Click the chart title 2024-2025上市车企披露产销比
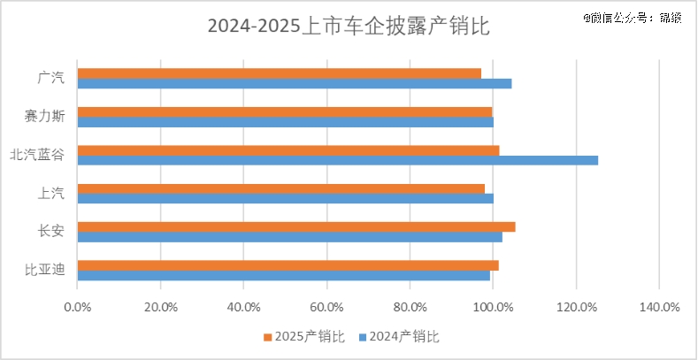point(348,27)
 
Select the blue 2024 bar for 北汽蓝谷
point(338,160)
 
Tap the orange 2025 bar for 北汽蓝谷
point(288,149)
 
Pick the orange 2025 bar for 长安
point(296,226)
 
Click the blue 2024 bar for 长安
point(290,237)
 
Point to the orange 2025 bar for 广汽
point(280,73)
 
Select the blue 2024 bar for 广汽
point(295,84)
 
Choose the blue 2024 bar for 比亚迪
point(284,275)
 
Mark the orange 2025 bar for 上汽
point(281,188)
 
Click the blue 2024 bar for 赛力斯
point(286,122)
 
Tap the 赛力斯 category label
point(44,117)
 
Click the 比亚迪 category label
point(44,270)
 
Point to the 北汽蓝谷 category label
point(37,155)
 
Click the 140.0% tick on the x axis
point(658,307)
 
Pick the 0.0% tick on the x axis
point(78,307)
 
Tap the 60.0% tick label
point(326,307)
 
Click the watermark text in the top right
point(632,17)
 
